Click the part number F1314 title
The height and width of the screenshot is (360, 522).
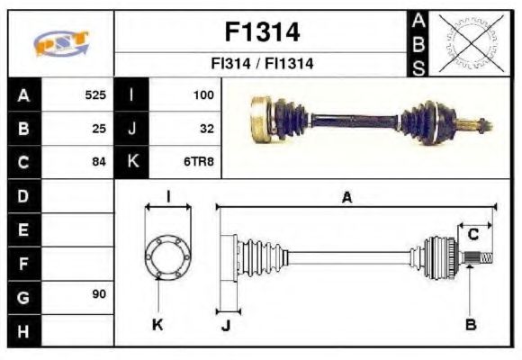point(261,32)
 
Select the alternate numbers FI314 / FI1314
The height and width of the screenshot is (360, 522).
point(261,65)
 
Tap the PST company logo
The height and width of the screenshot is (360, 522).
point(61,44)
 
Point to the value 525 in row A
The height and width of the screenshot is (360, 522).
point(95,94)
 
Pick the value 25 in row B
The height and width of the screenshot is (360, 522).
point(99,129)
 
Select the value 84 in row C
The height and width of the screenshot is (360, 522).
point(99,162)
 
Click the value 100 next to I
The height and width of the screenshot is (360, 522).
point(202,94)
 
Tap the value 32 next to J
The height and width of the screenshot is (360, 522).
point(206,129)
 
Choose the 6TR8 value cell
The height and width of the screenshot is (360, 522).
point(199,162)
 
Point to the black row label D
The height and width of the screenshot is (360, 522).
point(23,195)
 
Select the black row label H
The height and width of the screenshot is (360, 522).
point(23,330)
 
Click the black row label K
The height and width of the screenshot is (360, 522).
point(133,162)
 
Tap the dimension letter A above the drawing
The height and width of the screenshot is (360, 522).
point(346,197)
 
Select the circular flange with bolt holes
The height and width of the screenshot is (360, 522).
point(167,256)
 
